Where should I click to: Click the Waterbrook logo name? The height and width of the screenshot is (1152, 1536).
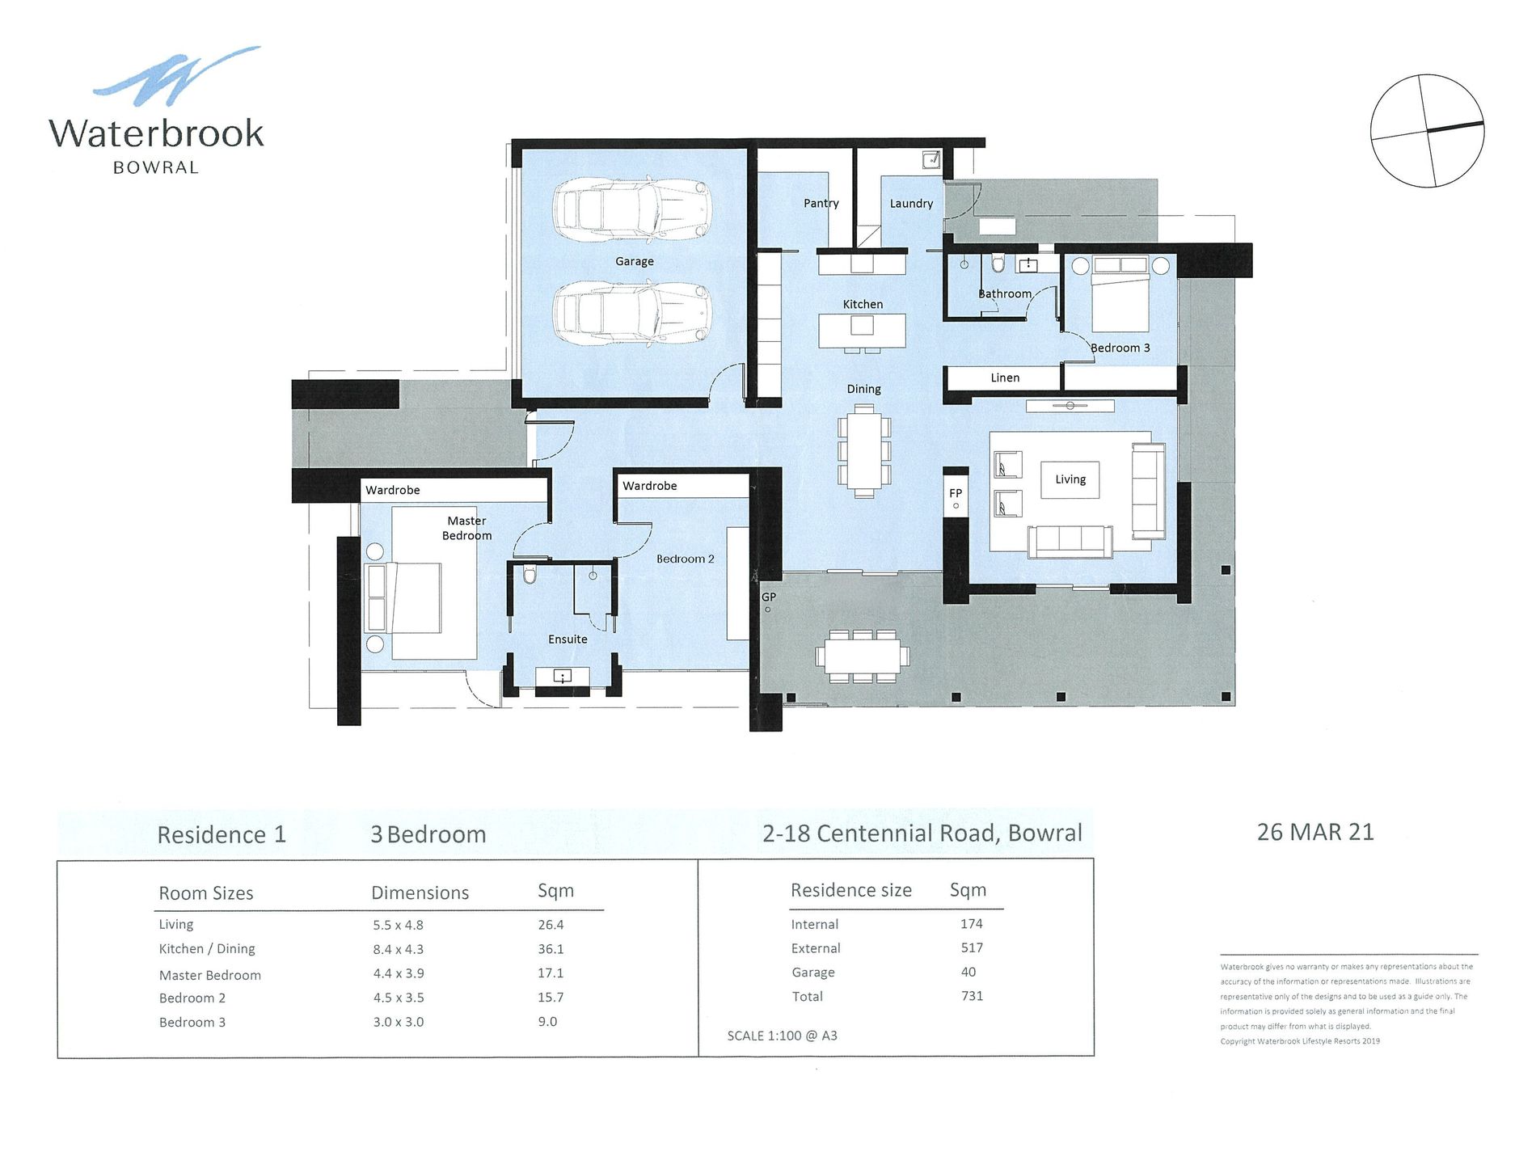click(156, 133)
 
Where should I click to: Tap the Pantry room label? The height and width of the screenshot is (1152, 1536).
click(821, 204)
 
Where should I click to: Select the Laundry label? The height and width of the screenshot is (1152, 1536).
click(911, 204)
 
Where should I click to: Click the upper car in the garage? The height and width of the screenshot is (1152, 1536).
click(631, 209)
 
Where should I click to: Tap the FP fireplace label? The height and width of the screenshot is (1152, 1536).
click(956, 493)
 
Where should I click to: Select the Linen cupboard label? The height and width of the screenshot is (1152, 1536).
click(1005, 378)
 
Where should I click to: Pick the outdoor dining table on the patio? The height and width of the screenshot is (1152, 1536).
click(863, 656)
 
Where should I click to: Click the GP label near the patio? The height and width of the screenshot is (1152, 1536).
click(769, 597)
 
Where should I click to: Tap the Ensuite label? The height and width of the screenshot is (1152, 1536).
click(568, 639)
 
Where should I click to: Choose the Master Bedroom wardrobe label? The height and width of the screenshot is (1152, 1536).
click(392, 490)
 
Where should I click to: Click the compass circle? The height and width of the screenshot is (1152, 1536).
click(1427, 131)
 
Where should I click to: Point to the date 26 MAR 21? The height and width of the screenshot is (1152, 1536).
click(1315, 832)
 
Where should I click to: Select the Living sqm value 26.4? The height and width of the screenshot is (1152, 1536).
click(551, 925)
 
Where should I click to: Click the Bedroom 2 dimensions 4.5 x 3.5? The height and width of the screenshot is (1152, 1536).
click(399, 998)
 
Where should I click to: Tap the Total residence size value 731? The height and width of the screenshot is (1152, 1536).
click(972, 996)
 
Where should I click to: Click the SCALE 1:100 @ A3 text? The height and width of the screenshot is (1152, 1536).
click(782, 1036)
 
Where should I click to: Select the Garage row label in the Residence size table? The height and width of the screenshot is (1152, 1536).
click(813, 973)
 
